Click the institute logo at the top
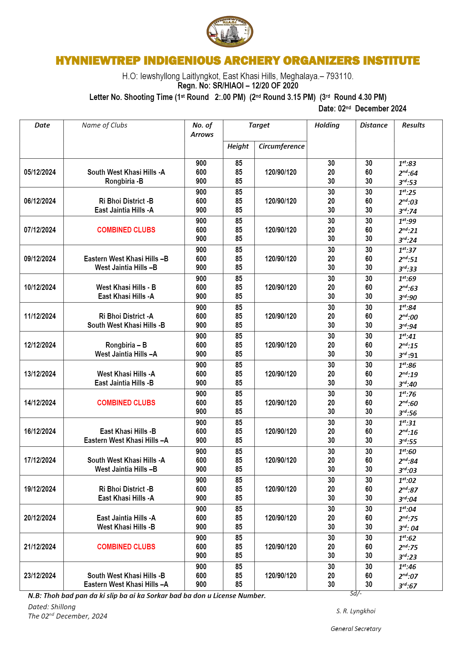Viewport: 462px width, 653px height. tap(230, 32)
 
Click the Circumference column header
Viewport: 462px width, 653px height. tap(281, 146)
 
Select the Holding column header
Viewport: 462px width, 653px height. tap(327, 125)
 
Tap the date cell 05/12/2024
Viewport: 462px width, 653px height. tap(40, 172)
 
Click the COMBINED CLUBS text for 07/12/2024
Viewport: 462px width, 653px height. tap(126, 230)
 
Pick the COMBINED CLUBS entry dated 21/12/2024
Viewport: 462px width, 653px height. tap(126, 547)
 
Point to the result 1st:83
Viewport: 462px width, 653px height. tap(407, 164)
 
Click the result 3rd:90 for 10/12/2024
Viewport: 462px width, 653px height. tap(408, 297)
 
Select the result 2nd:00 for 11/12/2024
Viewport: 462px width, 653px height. tap(408, 317)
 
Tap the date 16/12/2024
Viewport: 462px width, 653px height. tap(40, 431)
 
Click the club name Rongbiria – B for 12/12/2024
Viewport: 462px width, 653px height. tap(126, 345)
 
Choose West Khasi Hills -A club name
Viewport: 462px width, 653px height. tap(126, 374)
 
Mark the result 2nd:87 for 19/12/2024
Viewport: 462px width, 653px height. tap(408, 490)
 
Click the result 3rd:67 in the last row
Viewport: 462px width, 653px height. tap(408, 586)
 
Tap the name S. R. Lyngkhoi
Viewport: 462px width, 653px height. tap(356, 611)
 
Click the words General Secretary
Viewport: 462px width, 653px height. tap(356, 629)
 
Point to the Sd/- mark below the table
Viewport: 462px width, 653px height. tap(356, 593)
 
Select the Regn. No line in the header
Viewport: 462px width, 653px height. tap(238, 86)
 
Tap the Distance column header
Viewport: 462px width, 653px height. tap(374, 125)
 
